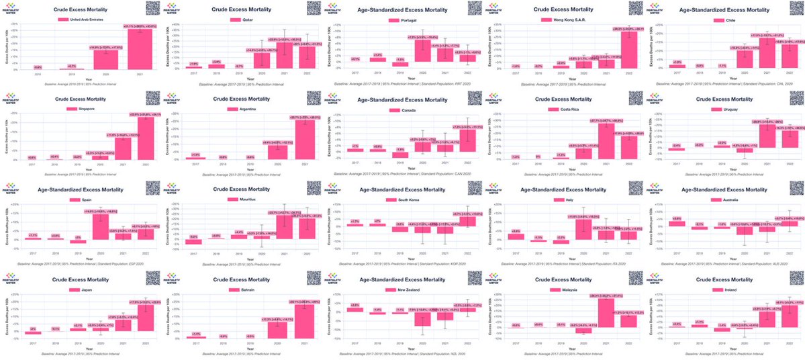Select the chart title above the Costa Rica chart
(562, 99)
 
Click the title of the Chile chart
(723, 10)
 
